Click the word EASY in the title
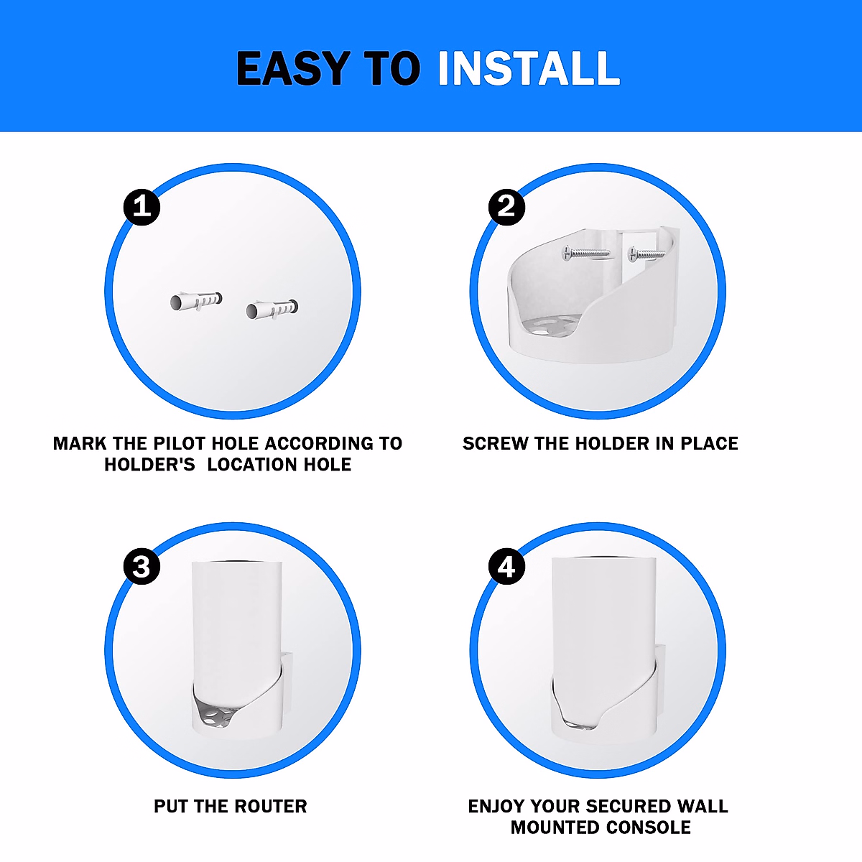tap(293, 69)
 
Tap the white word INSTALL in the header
tap(529, 69)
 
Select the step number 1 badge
tap(142, 207)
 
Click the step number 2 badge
tap(506, 207)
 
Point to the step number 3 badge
tap(142, 567)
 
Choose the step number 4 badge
tap(506, 567)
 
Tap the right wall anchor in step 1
tap(271, 309)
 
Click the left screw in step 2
tap(585, 252)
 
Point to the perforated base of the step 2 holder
tap(549, 328)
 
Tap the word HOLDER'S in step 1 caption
tap(149, 465)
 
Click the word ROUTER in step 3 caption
tap(269, 806)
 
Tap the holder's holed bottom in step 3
tap(215, 715)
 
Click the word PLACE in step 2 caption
tap(709, 443)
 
